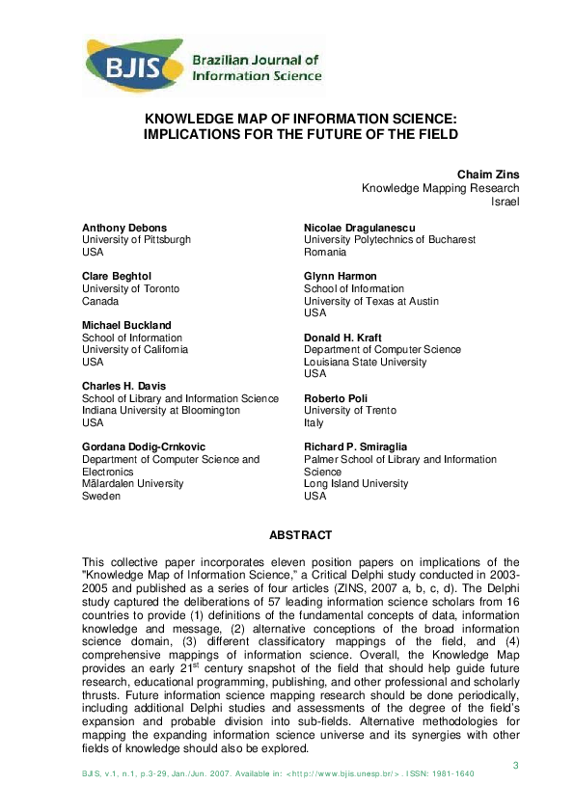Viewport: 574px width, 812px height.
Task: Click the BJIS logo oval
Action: point(136,65)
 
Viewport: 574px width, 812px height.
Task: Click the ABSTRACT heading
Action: point(300,535)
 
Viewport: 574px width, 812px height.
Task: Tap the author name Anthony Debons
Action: point(124,228)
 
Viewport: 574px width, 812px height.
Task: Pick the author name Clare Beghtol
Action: point(118,277)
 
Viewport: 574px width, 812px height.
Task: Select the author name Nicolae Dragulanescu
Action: point(362,228)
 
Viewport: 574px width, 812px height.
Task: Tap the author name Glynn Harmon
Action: point(341,277)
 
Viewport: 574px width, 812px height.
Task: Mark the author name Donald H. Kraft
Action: point(343,338)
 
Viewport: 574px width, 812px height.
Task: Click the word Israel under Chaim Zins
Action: point(506,203)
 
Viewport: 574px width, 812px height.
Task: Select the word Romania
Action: point(325,253)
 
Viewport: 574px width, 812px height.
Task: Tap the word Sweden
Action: point(101,497)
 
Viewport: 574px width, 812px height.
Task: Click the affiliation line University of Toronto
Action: point(131,289)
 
